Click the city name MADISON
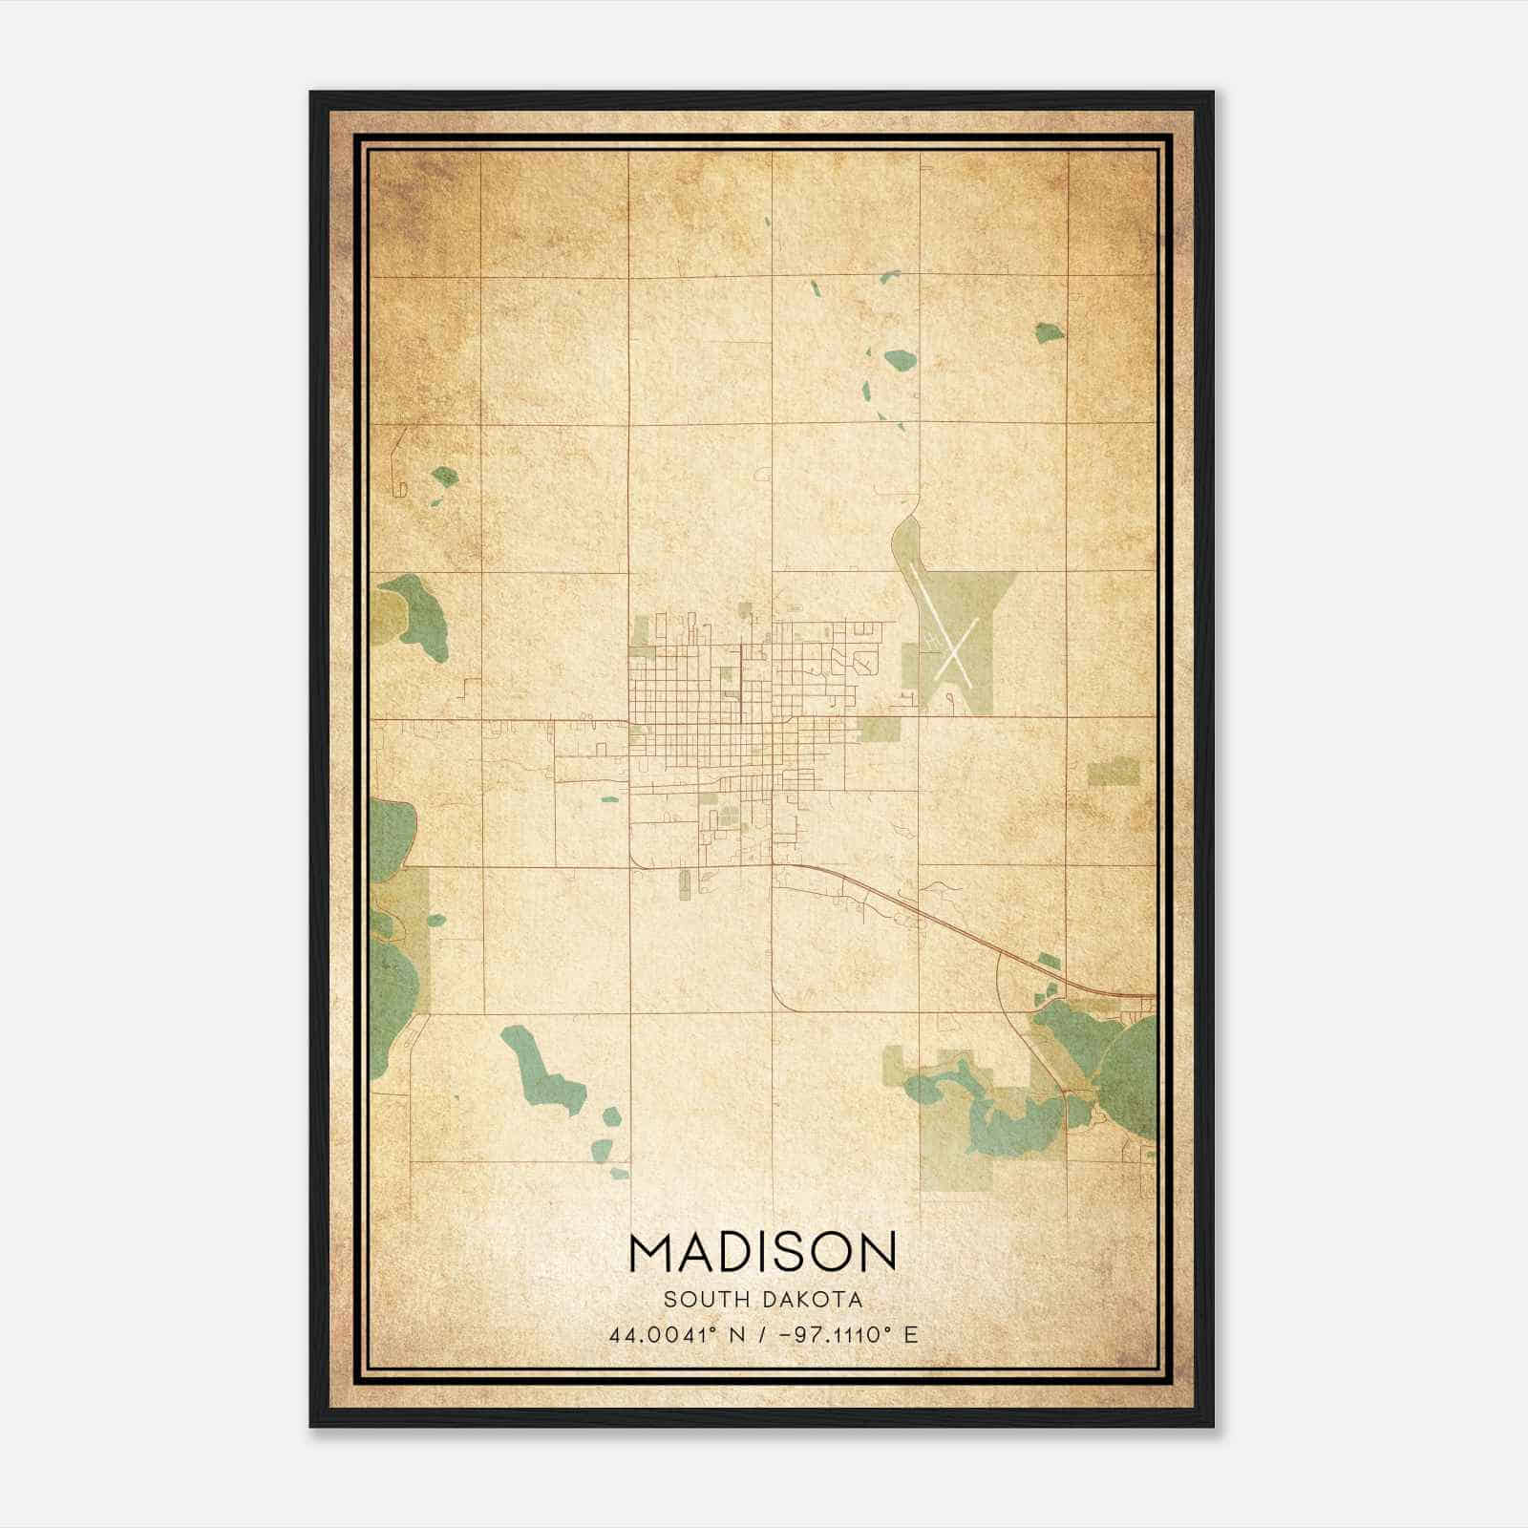[763, 1252]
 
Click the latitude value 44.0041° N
[676, 1334]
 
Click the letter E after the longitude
[911, 1334]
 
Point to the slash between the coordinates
[759, 1334]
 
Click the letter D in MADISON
[732, 1252]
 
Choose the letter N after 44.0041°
[734, 1334]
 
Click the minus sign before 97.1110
[785, 1334]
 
